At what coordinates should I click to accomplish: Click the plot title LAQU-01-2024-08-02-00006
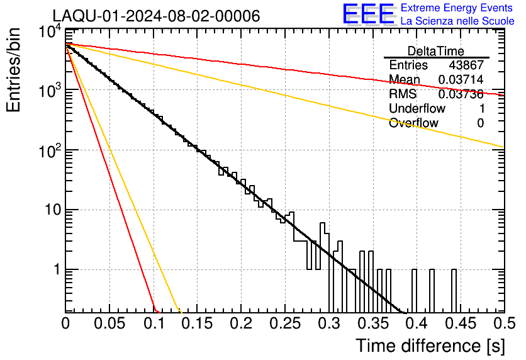(156, 16)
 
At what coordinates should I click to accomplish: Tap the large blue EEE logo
(369, 14)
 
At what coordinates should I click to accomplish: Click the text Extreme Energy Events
(457, 8)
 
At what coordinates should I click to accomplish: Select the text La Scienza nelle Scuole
(457, 21)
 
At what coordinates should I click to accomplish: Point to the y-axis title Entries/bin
(13, 70)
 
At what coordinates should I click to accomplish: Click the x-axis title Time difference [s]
(430, 346)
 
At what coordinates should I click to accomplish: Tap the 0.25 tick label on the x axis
(285, 323)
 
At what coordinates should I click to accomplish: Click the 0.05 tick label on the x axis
(109, 323)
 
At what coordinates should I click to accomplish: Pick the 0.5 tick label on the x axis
(504, 323)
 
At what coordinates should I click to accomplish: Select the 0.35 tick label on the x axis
(372, 323)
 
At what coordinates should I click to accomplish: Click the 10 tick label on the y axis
(53, 210)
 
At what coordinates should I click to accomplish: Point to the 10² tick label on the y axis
(50, 150)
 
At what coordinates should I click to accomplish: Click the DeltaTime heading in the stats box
(436, 51)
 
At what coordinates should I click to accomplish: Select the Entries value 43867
(466, 65)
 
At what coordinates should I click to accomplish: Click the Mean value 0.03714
(461, 79)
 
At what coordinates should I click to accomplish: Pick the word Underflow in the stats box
(417, 108)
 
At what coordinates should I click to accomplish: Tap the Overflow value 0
(480, 123)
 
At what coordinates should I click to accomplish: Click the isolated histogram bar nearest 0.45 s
(454, 291)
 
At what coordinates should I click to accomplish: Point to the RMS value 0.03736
(461, 94)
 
